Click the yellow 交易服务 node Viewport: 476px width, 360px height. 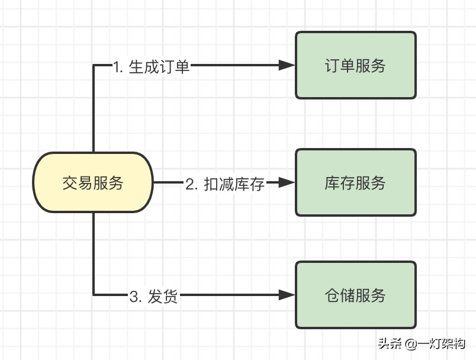[x=94, y=182]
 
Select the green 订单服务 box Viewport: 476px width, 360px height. [x=355, y=65]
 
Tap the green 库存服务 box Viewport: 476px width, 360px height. [x=355, y=182]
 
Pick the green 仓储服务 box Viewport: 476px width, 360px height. [x=355, y=294]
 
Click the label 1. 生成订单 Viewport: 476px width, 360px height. [x=152, y=66]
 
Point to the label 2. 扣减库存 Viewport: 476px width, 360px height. [x=225, y=184]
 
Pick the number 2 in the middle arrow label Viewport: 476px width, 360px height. [x=190, y=184]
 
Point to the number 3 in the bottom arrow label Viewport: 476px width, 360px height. [x=134, y=295]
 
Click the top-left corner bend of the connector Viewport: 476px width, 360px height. [x=94, y=65]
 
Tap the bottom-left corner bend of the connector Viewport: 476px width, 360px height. [x=94, y=294]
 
